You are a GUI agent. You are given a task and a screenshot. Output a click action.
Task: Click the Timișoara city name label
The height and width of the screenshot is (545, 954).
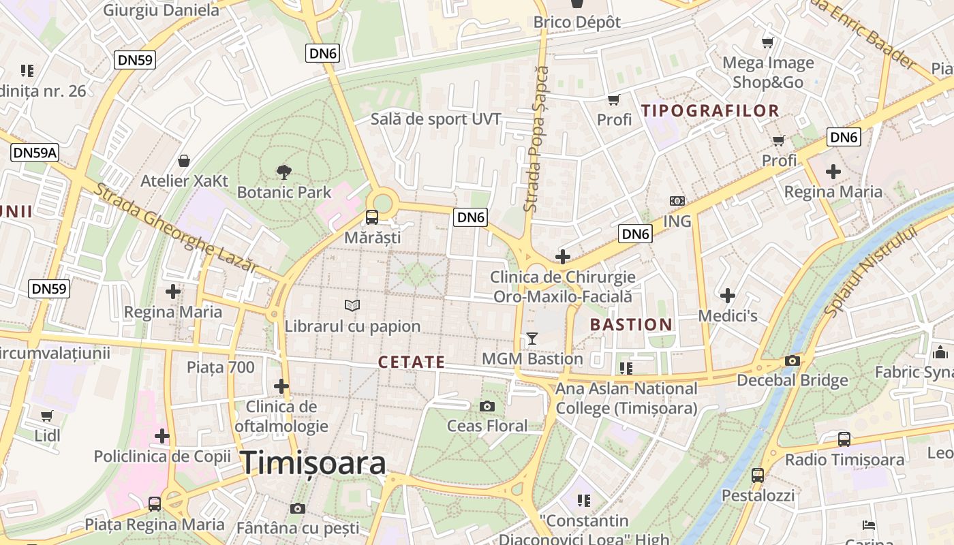point(313,463)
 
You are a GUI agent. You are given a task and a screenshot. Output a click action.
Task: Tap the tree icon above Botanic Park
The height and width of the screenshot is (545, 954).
point(283,172)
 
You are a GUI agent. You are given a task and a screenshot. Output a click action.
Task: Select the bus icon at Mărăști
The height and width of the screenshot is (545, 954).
point(371,217)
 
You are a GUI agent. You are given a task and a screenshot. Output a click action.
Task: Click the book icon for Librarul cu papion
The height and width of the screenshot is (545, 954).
point(352,306)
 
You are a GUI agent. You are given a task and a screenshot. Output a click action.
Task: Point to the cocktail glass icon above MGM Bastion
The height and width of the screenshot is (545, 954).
point(532,339)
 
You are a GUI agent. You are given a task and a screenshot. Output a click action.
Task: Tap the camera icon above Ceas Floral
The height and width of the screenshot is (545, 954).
point(487,406)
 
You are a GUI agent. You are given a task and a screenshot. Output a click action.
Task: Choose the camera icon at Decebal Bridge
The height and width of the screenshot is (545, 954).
point(792,360)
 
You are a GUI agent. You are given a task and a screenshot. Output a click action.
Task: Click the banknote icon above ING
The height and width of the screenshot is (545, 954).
point(677,201)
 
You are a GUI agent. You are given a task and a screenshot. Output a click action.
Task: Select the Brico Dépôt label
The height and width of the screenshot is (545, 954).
point(577,22)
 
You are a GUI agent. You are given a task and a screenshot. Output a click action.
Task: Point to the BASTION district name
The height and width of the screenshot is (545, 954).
point(631,325)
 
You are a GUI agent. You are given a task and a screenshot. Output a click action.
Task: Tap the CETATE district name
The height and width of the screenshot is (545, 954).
point(412,362)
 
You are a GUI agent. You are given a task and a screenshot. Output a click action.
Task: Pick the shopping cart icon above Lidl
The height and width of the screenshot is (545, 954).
point(46,416)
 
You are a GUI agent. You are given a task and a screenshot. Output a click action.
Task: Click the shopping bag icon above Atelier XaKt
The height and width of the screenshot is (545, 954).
point(184,161)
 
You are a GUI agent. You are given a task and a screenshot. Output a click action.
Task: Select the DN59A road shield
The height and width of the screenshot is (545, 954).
point(35,153)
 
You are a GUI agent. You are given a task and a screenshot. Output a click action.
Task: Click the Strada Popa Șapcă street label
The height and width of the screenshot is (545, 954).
point(536,138)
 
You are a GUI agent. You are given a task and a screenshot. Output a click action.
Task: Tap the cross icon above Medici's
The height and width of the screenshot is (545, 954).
point(728,296)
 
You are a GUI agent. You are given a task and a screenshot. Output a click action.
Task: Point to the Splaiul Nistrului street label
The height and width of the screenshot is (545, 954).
point(871,270)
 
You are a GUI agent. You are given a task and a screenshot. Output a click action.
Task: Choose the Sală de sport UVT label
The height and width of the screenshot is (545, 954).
point(436,119)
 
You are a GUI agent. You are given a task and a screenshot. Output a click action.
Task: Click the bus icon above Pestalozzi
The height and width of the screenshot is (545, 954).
point(757,475)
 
